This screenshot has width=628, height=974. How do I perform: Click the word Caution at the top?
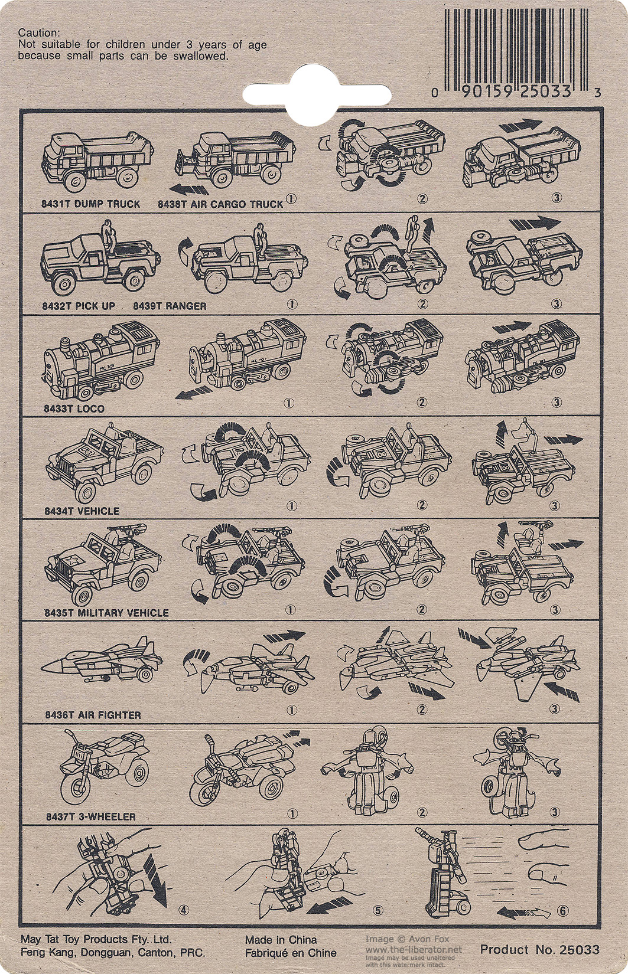38,32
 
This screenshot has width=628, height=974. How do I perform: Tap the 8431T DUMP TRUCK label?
90,204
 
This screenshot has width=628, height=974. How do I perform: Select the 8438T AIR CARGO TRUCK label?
220,204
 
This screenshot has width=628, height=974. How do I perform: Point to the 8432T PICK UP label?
79,306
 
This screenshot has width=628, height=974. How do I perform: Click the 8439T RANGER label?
170,306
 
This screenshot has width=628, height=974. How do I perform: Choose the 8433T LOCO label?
74,408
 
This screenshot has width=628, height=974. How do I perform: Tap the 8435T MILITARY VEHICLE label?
106,613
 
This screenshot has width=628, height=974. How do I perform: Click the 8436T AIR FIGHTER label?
93,715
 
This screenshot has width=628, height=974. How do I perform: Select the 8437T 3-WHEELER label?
91,816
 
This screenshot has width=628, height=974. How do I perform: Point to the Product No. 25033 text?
539,949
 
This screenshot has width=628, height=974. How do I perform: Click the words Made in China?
281,940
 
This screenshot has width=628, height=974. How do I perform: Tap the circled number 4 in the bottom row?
184,910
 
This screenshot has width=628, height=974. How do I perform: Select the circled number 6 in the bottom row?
563,910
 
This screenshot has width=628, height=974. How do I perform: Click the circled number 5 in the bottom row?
377,910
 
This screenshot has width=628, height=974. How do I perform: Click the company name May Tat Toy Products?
96,939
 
